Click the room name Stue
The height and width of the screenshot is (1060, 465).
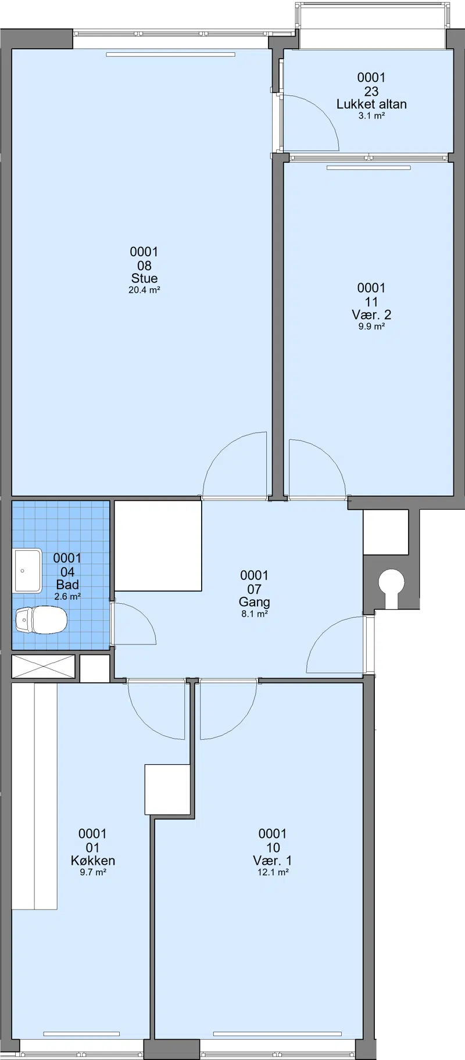[x=144, y=278]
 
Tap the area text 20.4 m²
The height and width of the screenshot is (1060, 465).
[x=144, y=290]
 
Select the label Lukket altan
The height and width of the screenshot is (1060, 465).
[x=371, y=104]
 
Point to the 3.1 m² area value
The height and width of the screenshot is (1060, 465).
[x=371, y=116]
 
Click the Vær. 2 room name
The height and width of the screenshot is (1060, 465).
[x=371, y=314]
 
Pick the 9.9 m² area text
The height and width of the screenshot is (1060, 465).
[x=371, y=326]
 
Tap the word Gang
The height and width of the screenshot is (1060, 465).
[x=255, y=602]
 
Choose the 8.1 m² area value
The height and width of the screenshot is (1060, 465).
[x=255, y=614]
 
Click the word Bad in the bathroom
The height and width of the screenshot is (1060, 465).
[x=67, y=585]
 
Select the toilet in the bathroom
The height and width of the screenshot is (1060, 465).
[x=41, y=620]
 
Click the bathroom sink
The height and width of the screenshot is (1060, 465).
[x=27, y=571]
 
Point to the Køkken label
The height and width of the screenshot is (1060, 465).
[x=92, y=861]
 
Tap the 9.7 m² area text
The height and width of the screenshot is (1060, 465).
[x=92, y=872]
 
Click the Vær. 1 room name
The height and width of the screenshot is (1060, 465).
[x=273, y=861]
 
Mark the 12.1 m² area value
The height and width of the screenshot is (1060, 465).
[x=273, y=872]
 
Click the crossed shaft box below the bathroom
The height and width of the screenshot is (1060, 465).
[x=44, y=666]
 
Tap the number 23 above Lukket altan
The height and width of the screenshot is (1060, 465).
[x=371, y=91]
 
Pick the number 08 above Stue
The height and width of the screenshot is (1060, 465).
[x=144, y=266]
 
